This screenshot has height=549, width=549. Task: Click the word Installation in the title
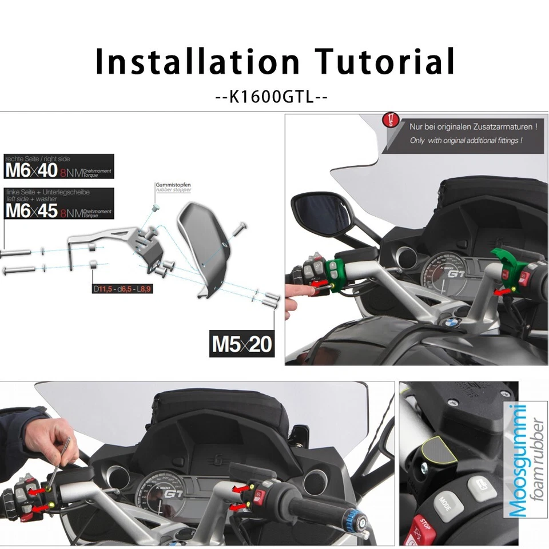pos(197,62)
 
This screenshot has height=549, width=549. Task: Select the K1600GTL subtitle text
pos(272,97)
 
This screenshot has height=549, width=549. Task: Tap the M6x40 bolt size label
pos(31,170)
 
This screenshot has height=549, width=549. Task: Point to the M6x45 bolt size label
pos(31,210)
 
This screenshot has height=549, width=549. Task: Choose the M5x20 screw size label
pos(242,344)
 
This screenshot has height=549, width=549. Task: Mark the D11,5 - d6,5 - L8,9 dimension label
pos(122,289)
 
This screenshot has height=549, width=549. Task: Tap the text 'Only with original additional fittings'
pos(466,140)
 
